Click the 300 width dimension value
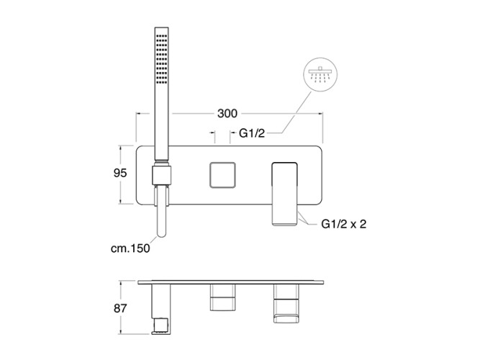[x=227, y=114]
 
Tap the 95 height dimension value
[x=120, y=173]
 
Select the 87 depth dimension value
[x=120, y=308]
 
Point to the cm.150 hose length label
[x=130, y=248]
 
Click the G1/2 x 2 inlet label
[x=343, y=224]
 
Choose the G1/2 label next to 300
[x=252, y=133]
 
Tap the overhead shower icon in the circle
[x=320, y=74]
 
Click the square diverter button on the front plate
[x=222, y=175]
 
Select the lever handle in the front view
[x=285, y=194]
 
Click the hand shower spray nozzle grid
[x=161, y=59]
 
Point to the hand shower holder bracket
[x=162, y=175]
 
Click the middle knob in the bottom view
[x=222, y=297]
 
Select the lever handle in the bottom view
[x=286, y=303]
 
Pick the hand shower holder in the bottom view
[x=161, y=309]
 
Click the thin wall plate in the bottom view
[x=230, y=282]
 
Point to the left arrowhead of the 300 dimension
[x=138, y=114]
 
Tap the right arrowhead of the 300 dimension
[x=321, y=114]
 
